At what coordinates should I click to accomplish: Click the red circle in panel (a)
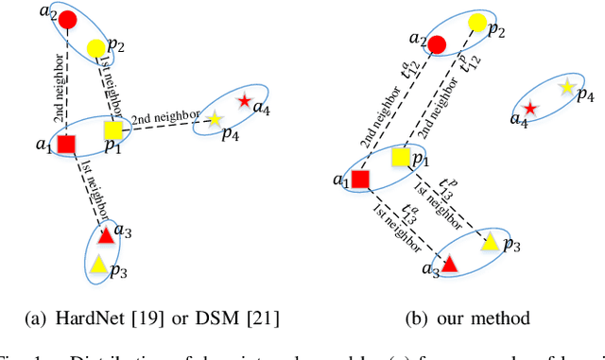pos(64,20)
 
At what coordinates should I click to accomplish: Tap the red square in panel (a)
pos(66,145)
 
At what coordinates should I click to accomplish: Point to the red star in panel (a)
pos(245,101)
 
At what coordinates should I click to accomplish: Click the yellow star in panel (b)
pos(566,87)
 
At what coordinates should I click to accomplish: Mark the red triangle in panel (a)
pos(106,236)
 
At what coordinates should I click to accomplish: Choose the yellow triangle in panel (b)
pos(489,242)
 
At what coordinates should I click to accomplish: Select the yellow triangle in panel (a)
pos(97,266)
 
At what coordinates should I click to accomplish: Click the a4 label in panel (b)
pos(519,119)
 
